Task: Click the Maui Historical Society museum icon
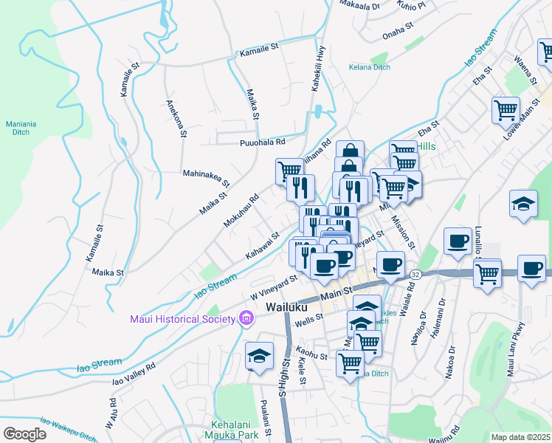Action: point(246,319)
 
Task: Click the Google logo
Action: point(24,433)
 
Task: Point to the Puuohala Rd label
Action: point(261,142)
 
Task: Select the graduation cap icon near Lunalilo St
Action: point(523,204)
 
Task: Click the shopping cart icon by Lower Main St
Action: point(506,110)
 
